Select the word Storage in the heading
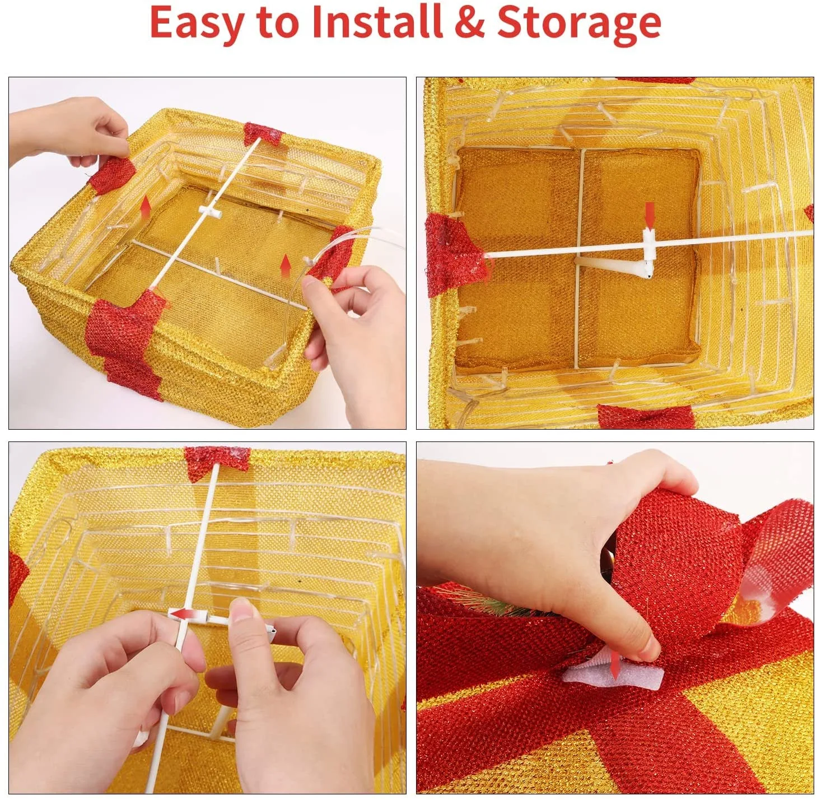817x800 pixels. (x=579, y=25)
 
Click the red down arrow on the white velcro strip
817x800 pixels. (x=614, y=677)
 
